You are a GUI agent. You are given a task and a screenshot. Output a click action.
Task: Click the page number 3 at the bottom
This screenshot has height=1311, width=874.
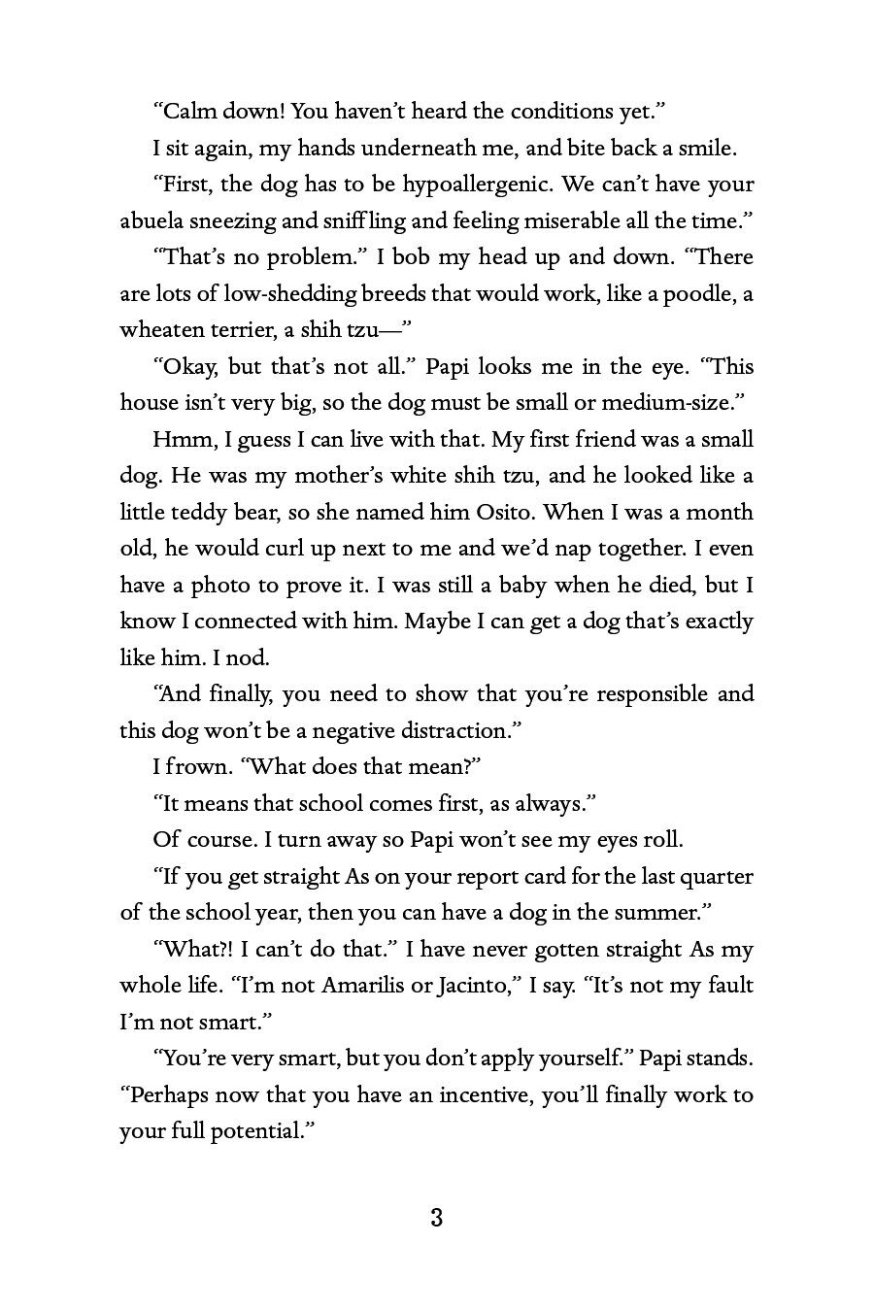pyautogui.click(x=436, y=1218)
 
